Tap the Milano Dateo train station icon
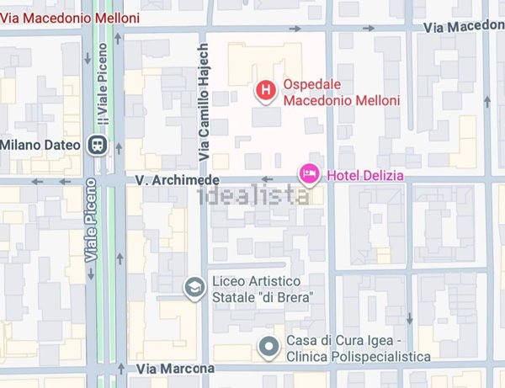click(x=98, y=145)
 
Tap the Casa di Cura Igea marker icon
click(x=269, y=347)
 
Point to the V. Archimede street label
click(x=178, y=180)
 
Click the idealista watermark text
click(x=252, y=196)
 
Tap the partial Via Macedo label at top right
click(x=463, y=26)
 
